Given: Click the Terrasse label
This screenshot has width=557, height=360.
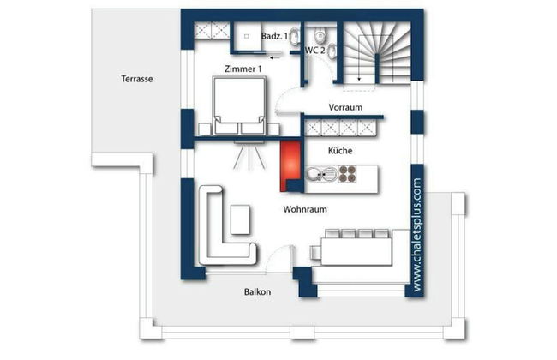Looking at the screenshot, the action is (x=137, y=79).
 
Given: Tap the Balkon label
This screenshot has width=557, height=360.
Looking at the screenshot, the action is (x=258, y=291).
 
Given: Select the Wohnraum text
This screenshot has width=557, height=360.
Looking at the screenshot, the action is (x=305, y=209).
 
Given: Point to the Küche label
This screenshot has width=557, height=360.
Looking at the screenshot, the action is (x=340, y=150).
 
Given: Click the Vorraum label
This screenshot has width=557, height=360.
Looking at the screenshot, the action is (x=345, y=107).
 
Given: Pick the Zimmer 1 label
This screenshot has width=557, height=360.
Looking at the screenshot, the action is (x=243, y=69).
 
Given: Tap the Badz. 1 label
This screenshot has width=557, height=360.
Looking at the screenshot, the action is (x=274, y=36).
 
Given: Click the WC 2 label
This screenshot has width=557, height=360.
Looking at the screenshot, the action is (x=315, y=50).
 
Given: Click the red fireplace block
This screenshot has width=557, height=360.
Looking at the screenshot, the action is (x=290, y=165).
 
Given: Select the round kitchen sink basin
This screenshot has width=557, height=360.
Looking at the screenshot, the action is (x=314, y=174).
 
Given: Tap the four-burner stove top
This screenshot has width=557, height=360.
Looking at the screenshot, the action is (x=347, y=174).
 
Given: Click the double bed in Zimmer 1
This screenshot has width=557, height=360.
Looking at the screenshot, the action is (x=239, y=105).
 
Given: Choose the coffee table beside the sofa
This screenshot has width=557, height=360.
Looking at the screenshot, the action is (x=240, y=219).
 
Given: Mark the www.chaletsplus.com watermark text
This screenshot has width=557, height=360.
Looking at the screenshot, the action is (x=417, y=235).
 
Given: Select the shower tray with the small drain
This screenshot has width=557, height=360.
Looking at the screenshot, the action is (x=248, y=37).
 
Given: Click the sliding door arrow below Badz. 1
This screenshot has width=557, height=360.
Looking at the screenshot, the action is (x=276, y=57).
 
